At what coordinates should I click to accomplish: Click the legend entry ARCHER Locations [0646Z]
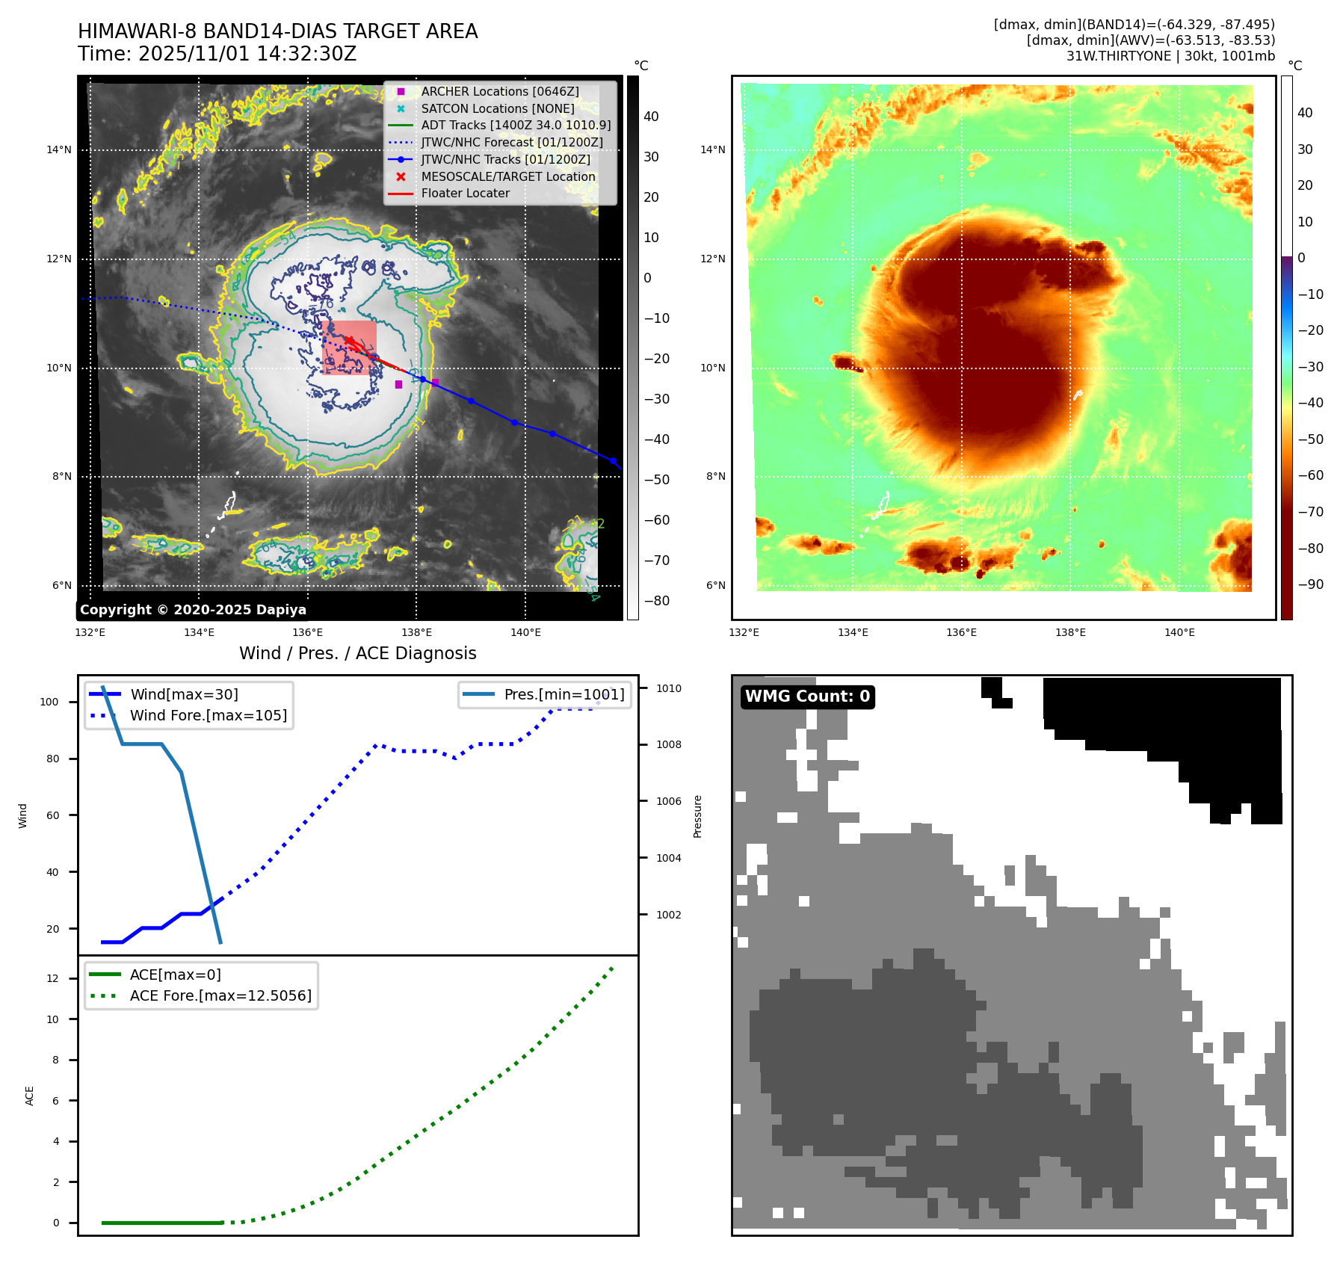tap(499, 91)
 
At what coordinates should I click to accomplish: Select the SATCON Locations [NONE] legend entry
tap(497, 108)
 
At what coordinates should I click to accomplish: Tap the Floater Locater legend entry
tap(465, 193)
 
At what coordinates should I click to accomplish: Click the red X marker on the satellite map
tap(349, 341)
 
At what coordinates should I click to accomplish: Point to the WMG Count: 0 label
tap(807, 697)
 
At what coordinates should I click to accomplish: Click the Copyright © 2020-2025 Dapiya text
tap(193, 610)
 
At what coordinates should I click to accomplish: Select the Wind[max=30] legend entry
tap(184, 694)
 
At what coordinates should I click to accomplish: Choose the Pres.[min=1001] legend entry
tap(564, 694)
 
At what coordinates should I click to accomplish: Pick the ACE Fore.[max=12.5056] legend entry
tap(220, 995)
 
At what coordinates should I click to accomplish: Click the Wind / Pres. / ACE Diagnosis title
tap(357, 653)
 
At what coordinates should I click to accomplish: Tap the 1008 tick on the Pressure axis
tap(668, 744)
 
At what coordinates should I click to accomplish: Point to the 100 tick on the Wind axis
tap(49, 702)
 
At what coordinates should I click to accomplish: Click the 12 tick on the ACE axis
tap(52, 978)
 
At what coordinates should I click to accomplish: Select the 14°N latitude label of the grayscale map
tap(59, 149)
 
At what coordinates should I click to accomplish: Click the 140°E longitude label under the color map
tap(1179, 632)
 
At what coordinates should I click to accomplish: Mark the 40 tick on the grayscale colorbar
tap(651, 117)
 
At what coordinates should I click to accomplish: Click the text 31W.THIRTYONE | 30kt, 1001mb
tap(1170, 56)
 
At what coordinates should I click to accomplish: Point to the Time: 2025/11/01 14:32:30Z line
tap(217, 54)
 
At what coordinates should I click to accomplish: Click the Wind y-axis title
tap(22, 815)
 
